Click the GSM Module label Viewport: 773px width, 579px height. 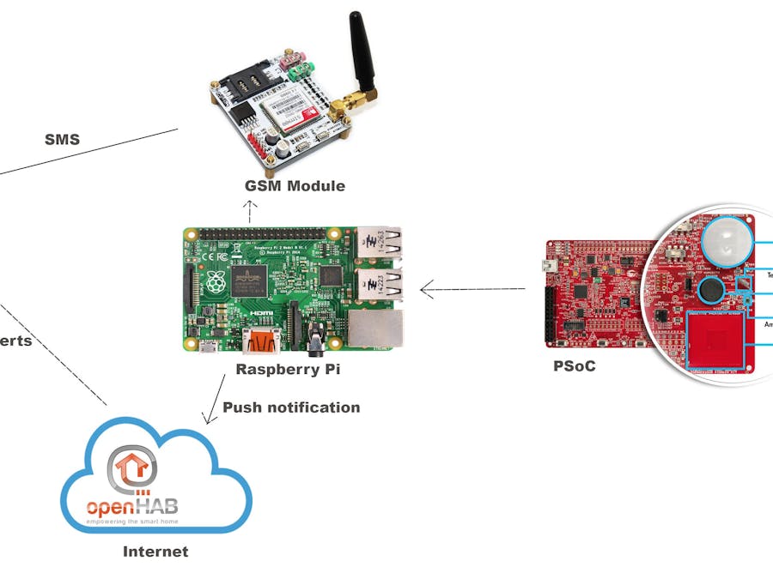(295, 185)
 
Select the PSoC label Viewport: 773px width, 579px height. (575, 365)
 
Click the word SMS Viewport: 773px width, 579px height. (62, 138)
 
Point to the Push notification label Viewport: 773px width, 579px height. (291, 407)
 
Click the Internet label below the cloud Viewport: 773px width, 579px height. (155, 552)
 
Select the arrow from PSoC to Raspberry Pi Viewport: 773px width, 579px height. (472, 289)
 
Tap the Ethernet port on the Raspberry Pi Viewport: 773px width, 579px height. (375, 328)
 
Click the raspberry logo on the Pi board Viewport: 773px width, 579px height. (212, 280)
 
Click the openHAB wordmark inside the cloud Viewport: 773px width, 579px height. (132, 507)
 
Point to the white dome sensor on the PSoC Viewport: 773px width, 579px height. (726, 241)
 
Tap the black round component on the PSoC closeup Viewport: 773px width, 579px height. (711, 291)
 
